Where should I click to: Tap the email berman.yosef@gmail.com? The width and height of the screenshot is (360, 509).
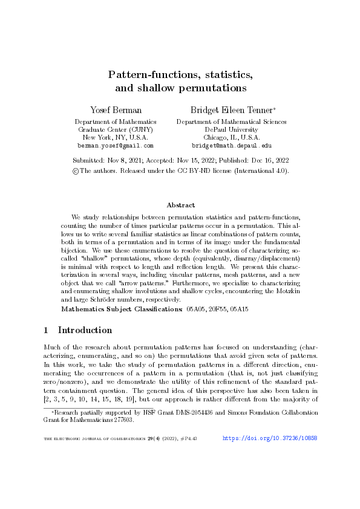point(115,146)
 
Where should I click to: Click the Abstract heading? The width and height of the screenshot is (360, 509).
point(180,205)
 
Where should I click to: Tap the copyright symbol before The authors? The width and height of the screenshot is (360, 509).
point(75,171)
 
